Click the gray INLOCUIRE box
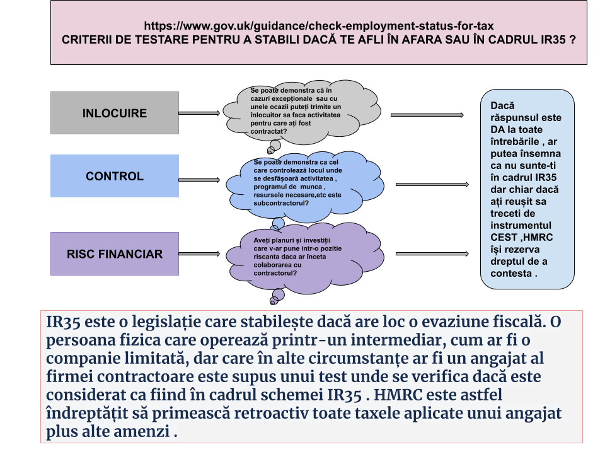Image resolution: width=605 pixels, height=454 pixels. pyautogui.click(x=115, y=113)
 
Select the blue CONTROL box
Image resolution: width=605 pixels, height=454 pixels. pyautogui.click(x=115, y=176)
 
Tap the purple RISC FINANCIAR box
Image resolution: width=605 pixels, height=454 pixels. pyautogui.click(x=115, y=253)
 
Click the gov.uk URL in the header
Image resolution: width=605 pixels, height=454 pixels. pyautogui.click(x=319, y=26)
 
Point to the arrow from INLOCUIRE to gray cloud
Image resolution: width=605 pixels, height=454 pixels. pyautogui.click(x=199, y=113)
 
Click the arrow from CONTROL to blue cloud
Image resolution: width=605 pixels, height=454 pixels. pyautogui.click(x=199, y=180)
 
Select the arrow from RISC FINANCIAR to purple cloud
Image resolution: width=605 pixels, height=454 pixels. pyautogui.click(x=199, y=253)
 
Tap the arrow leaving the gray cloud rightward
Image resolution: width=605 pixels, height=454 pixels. pyautogui.click(x=427, y=115)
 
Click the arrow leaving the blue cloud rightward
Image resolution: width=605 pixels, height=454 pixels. pyautogui.click(x=432, y=185)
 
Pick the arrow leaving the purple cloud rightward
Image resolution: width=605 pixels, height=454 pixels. pyautogui.click(x=432, y=253)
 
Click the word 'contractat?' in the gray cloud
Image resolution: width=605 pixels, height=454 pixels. pyautogui.click(x=268, y=131)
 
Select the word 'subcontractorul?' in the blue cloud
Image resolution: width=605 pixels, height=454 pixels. pyautogui.click(x=281, y=203)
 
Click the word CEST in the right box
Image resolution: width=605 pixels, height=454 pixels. pyautogui.click(x=504, y=238)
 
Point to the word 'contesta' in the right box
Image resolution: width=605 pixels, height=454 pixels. pyautogui.click(x=511, y=273)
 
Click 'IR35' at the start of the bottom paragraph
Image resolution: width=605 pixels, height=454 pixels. pyautogui.click(x=63, y=322)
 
